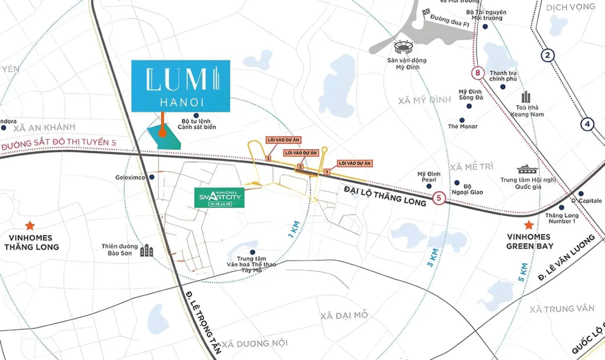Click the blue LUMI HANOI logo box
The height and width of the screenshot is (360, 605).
(181, 86)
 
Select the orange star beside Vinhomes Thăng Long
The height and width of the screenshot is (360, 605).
(30, 225)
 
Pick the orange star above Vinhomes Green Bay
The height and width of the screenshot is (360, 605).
(529, 225)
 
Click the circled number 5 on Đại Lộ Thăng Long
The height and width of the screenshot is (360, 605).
(438, 199)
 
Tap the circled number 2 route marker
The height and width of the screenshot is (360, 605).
(548, 56)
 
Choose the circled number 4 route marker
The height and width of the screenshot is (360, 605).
(587, 124)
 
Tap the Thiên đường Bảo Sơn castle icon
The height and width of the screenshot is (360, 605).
(146, 251)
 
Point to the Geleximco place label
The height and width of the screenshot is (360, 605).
(135, 177)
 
